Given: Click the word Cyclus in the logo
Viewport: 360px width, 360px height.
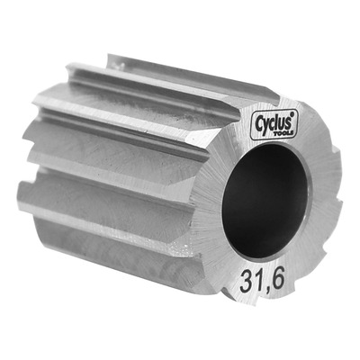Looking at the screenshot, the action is pyautogui.click(x=274, y=122).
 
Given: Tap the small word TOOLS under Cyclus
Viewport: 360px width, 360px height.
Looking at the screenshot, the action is pyautogui.click(x=283, y=134).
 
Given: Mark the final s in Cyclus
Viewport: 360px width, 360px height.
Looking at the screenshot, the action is pyautogui.click(x=288, y=121).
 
